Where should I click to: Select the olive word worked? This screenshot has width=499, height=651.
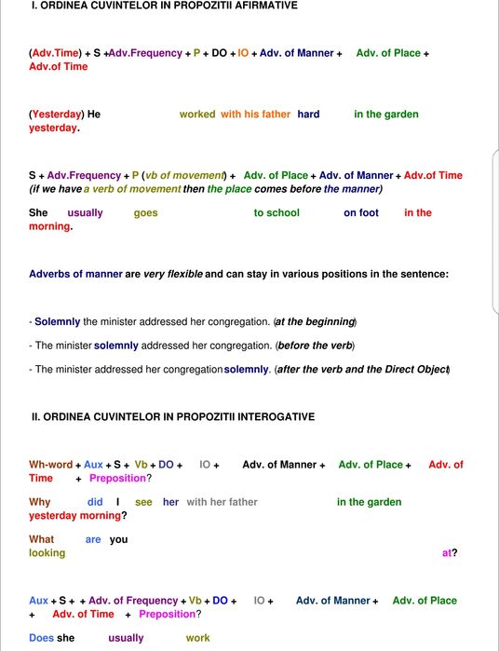click(197, 115)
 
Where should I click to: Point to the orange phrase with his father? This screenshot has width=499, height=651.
click(255, 115)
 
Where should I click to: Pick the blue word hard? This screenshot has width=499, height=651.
click(308, 115)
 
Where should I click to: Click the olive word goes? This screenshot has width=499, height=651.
click(146, 213)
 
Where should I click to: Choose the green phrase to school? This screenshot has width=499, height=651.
click(276, 213)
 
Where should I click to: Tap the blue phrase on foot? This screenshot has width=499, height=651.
click(361, 213)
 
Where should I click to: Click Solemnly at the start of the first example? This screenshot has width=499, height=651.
click(58, 322)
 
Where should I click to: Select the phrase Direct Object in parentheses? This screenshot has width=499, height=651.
click(414, 370)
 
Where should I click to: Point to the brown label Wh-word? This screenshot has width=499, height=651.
click(51, 465)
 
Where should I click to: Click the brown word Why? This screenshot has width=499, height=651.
click(40, 502)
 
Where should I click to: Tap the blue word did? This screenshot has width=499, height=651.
click(95, 502)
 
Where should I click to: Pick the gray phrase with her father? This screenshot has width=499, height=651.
click(222, 502)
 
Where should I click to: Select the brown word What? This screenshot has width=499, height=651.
click(42, 539)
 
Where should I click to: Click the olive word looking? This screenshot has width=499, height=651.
click(47, 553)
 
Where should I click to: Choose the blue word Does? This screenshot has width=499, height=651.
click(42, 638)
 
